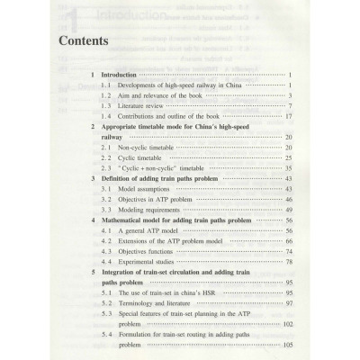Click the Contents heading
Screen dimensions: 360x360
click(x=83, y=41)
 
